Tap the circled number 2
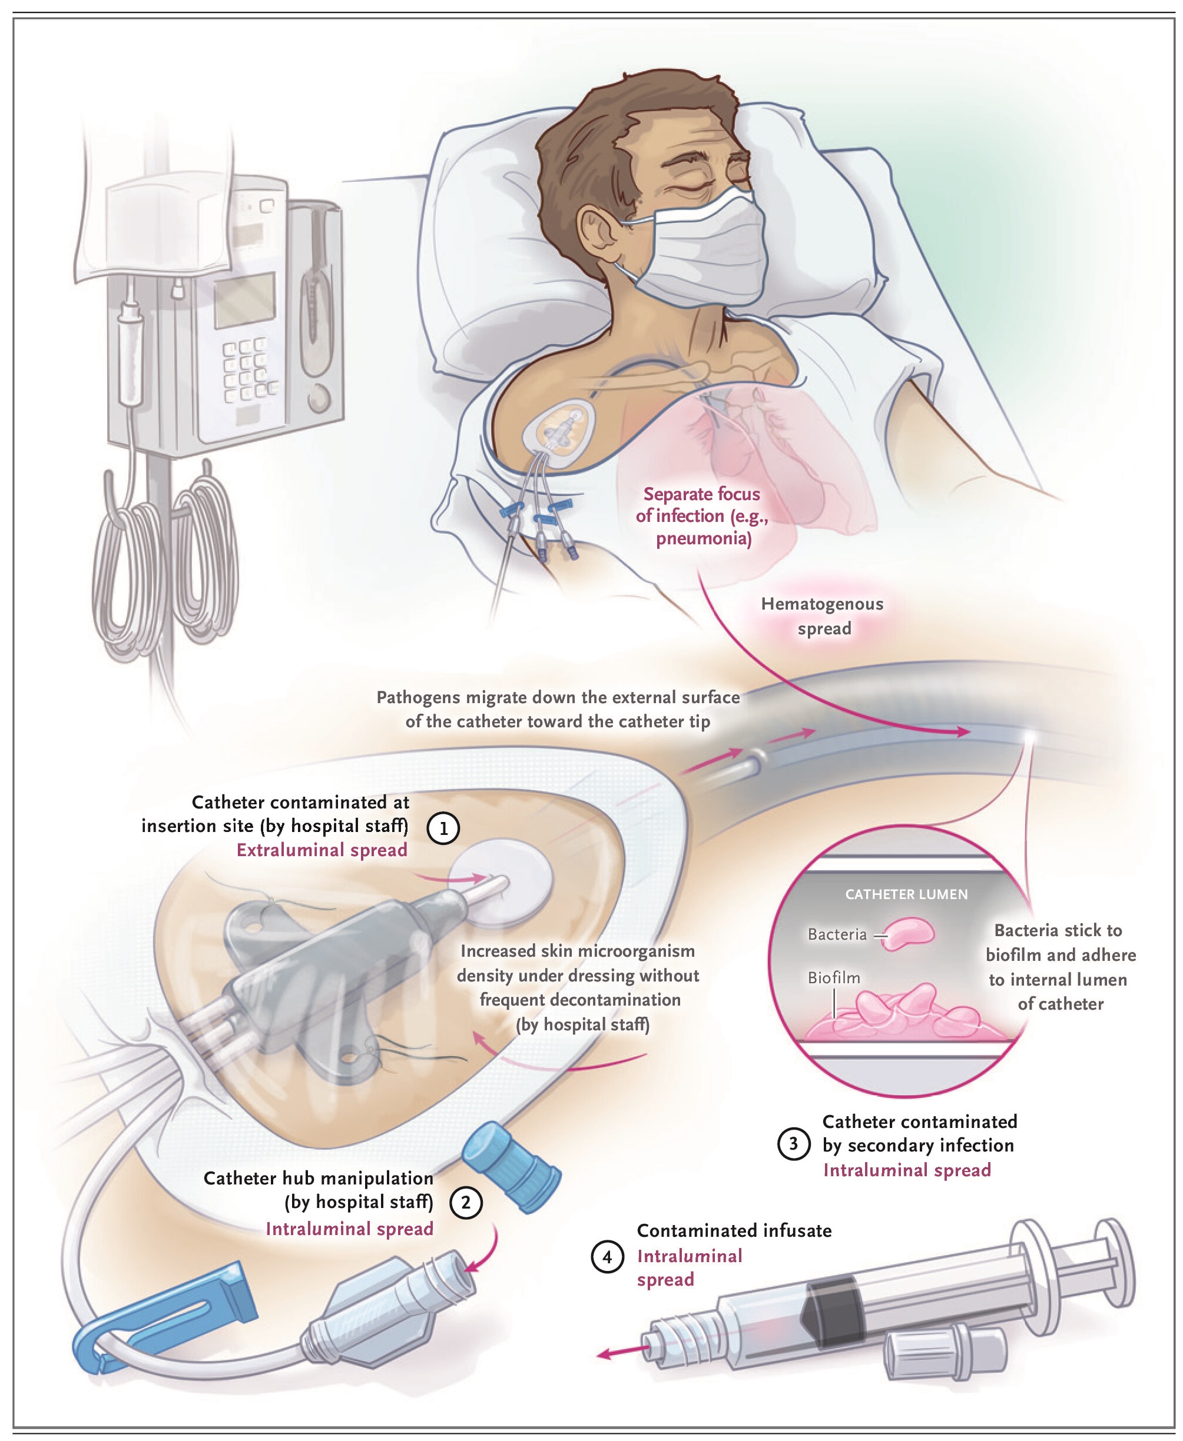(466, 1203)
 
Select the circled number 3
(794, 1143)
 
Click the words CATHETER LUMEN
(906, 894)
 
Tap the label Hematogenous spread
(823, 615)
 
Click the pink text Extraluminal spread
(322, 850)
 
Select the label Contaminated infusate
(734, 1230)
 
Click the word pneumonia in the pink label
(703, 538)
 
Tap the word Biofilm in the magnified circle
(833, 978)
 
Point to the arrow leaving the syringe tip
(621, 1353)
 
